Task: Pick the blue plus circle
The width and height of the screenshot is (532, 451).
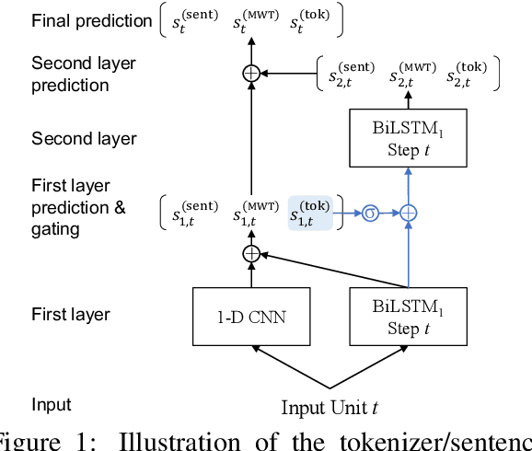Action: [x=407, y=212]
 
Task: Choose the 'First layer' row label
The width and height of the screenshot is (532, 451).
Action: [x=71, y=315]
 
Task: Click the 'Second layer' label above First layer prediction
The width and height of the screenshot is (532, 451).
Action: [x=84, y=139]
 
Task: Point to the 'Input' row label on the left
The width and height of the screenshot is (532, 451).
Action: [x=51, y=405]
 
